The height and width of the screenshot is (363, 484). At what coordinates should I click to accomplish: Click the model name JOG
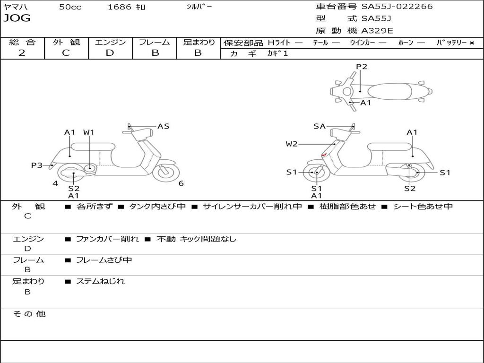[17, 18]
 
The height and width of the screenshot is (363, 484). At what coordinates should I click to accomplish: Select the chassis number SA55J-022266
[397, 7]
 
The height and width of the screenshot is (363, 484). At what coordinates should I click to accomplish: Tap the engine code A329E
[377, 31]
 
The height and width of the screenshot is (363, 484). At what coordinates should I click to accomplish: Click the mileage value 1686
[120, 7]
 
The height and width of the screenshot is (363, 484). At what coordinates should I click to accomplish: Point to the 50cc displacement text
[70, 7]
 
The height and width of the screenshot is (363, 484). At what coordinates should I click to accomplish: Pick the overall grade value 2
[22, 52]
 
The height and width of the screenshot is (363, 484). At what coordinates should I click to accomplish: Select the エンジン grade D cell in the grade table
[110, 52]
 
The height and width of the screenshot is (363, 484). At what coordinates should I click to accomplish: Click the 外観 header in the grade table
[66, 42]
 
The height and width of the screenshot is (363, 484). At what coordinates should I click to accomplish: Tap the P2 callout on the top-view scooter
[362, 67]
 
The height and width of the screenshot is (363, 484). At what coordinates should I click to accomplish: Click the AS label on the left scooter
[163, 126]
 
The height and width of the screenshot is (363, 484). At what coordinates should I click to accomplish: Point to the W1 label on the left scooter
[89, 132]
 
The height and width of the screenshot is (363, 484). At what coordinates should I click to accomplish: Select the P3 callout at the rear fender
[37, 165]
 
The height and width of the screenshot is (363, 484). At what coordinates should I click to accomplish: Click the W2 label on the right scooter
[292, 144]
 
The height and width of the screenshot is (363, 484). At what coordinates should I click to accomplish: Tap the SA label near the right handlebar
[320, 126]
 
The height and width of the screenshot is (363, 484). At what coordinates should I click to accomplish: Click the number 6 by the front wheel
[181, 183]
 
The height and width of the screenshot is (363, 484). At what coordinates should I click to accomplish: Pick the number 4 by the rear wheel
[55, 183]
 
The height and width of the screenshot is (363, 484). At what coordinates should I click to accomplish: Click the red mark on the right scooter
[324, 155]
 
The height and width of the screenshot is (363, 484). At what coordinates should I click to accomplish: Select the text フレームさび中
[104, 260]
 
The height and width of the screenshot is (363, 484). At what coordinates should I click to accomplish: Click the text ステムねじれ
[100, 281]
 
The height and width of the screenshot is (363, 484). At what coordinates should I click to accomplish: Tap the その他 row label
[29, 314]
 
